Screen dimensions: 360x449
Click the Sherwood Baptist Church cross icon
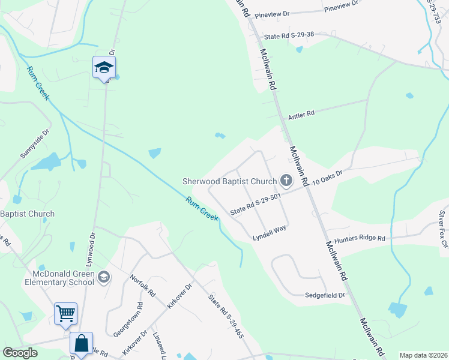286,180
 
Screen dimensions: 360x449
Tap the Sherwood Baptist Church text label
230,181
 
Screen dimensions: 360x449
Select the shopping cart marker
65,313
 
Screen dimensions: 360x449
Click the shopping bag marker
81,344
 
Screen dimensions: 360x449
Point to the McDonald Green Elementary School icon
104,276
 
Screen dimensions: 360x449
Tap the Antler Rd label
301,113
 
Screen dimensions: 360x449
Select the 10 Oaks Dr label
327,176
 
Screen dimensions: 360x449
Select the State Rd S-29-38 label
289,36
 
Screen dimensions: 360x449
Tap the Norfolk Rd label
143,286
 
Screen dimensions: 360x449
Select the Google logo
20,353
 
